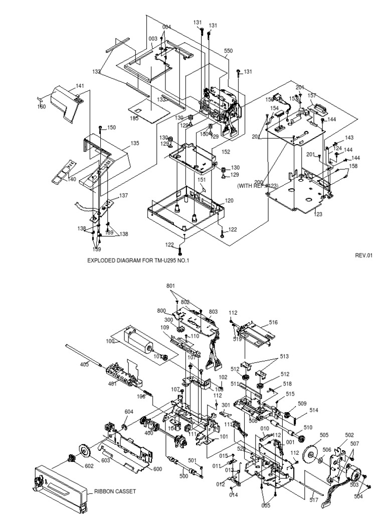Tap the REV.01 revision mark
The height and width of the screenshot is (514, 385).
click(x=364, y=255)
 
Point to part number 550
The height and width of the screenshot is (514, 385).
click(x=228, y=51)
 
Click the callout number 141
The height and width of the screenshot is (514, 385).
click(x=80, y=86)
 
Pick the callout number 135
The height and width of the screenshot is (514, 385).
click(x=135, y=144)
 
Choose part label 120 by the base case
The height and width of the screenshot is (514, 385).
click(x=229, y=200)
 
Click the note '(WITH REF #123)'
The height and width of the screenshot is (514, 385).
click(x=258, y=186)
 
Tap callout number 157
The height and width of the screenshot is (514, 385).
click(x=312, y=95)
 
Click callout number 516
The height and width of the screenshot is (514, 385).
click(x=273, y=322)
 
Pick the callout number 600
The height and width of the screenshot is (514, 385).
click(x=157, y=469)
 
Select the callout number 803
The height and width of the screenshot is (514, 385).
click(x=214, y=312)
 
